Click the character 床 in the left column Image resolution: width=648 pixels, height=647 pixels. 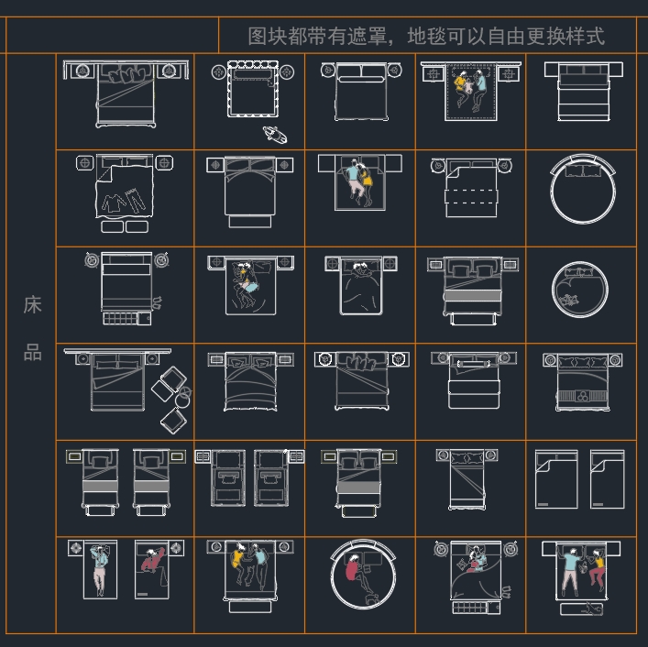[x=32, y=305]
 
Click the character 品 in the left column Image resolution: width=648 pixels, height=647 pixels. [x=32, y=353]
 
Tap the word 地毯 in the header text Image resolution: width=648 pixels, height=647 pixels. [x=427, y=37]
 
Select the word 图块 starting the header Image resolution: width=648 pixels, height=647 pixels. [x=268, y=37]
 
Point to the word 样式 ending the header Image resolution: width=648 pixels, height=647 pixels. [x=586, y=37]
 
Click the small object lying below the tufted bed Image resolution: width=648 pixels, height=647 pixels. [x=275, y=135]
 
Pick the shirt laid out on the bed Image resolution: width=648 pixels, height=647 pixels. [x=114, y=203]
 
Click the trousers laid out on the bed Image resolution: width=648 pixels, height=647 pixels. [x=136, y=200]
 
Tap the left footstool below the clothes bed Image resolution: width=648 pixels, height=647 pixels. [x=112, y=227]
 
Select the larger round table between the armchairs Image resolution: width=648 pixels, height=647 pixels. [x=182, y=400]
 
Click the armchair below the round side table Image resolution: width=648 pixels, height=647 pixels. [x=173, y=421]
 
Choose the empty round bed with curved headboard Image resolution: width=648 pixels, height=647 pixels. [x=583, y=189]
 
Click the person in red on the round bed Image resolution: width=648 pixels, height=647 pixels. [x=352, y=567]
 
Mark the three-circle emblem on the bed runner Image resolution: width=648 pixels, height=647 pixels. [x=583, y=396]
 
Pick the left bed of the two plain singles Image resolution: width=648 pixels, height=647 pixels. [x=556, y=479]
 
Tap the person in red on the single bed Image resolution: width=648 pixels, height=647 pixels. [x=153, y=560]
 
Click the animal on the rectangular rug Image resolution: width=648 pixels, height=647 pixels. [x=592, y=609]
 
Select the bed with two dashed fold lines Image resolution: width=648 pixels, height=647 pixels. [x=471, y=189]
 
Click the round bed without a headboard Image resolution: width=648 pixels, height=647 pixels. [x=580, y=290]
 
